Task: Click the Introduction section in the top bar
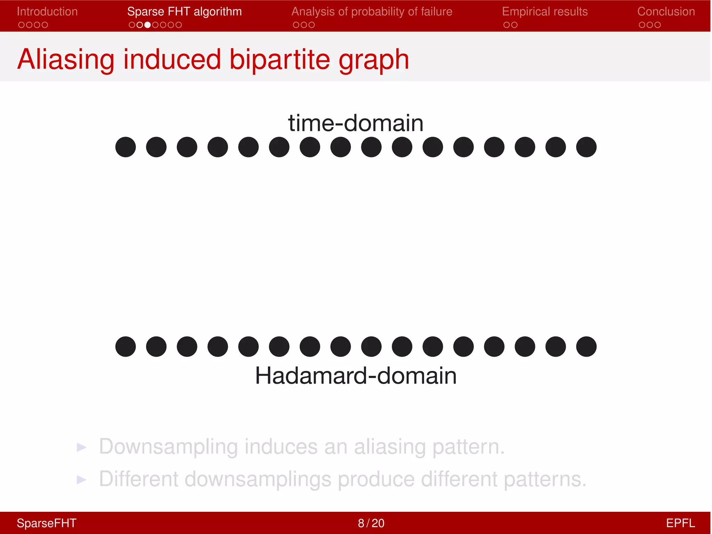coord(47,11)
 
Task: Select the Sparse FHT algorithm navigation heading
coord(184,11)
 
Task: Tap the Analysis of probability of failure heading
coord(372,11)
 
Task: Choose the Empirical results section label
coord(545,11)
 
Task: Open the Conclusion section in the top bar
coord(666,11)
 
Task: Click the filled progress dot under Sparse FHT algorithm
coord(147,25)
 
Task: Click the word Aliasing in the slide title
coord(66,59)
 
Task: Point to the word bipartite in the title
coord(280,59)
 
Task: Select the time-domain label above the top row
coord(356,123)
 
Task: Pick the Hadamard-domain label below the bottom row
coord(356,376)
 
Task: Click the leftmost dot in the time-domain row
coord(126,147)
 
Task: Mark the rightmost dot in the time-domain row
coord(586,147)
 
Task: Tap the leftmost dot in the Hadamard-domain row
coord(126,347)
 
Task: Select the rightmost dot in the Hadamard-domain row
coord(586,347)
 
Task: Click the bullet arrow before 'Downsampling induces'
coord(81,447)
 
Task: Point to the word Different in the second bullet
coord(138,479)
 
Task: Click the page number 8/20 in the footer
coord(371,523)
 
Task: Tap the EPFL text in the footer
coord(680,523)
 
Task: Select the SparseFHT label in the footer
coord(47,523)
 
